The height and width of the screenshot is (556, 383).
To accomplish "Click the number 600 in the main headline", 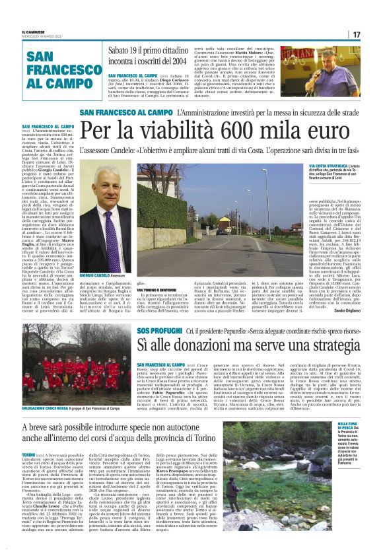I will coord(227,133).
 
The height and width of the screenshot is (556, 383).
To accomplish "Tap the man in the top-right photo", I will coord(341,69).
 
